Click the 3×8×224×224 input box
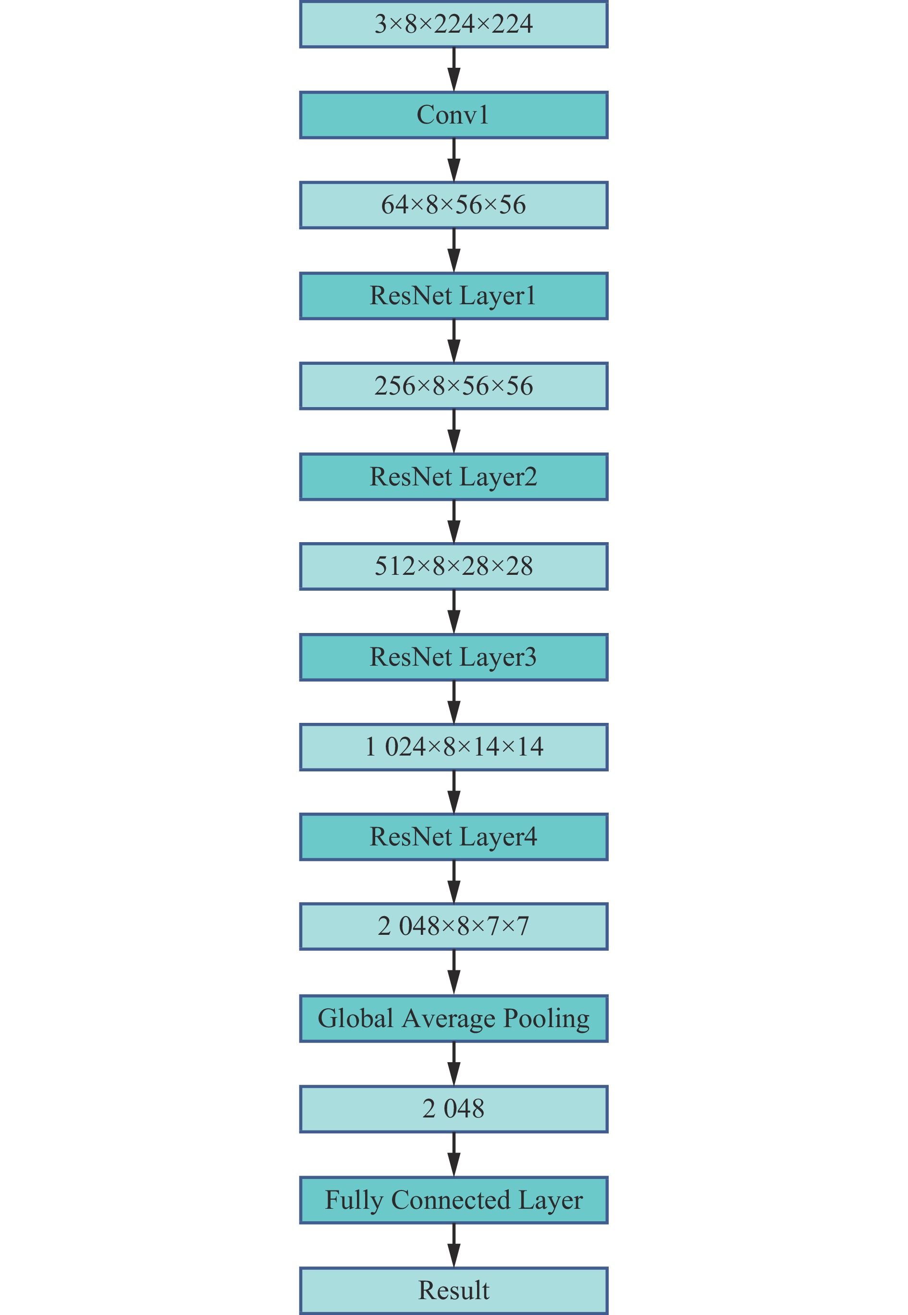coord(454,25)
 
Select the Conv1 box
coord(454,115)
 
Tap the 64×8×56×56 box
coord(454,205)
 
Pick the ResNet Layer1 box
coord(454,296)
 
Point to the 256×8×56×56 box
coord(454,386)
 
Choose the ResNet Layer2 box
coord(454,477)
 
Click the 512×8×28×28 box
coord(454,566)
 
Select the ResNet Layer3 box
coord(454,657)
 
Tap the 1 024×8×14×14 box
coord(454,747)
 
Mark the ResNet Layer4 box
coord(454,837)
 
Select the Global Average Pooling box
coord(454,1018)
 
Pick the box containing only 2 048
coord(454,1109)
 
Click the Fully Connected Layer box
coord(454,1200)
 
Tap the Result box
coord(454,1290)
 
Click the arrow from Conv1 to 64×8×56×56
coord(454,160)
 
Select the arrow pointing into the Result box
coord(454,1245)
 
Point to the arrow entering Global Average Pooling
coord(454,972)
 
